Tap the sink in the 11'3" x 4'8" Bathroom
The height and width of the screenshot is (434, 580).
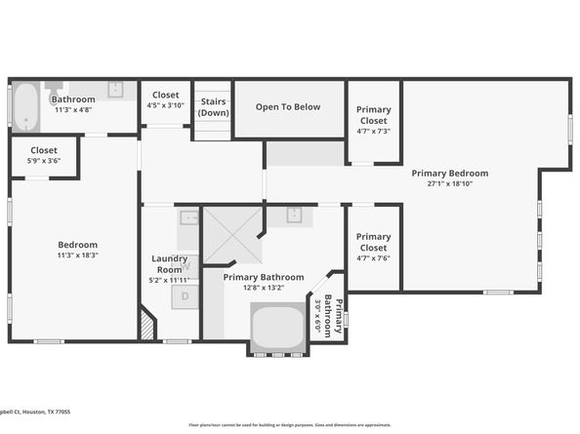tap(114, 90)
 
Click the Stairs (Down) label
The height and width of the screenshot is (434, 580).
tap(213, 106)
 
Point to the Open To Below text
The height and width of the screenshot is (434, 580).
tap(289, 106)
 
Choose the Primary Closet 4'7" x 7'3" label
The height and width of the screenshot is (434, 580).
tap(373, 120)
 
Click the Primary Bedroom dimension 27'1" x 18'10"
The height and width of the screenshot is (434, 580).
tap(449, 182)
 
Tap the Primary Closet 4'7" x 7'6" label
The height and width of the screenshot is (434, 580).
tap(373, 247)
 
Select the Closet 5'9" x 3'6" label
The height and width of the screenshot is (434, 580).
tap(44, 155)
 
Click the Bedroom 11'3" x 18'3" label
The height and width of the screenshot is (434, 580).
tap(77, 250)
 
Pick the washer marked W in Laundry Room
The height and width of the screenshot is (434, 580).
tap(186, 263)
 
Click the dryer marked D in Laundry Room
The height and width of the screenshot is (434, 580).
tap(186, 296)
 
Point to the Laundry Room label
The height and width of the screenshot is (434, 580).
tap(168, 263)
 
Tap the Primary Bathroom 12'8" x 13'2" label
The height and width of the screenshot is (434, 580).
tap(263, 282)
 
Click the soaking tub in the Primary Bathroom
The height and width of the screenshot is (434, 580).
tap(278, 328)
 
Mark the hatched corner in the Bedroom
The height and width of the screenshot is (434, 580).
tap(147, 325)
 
